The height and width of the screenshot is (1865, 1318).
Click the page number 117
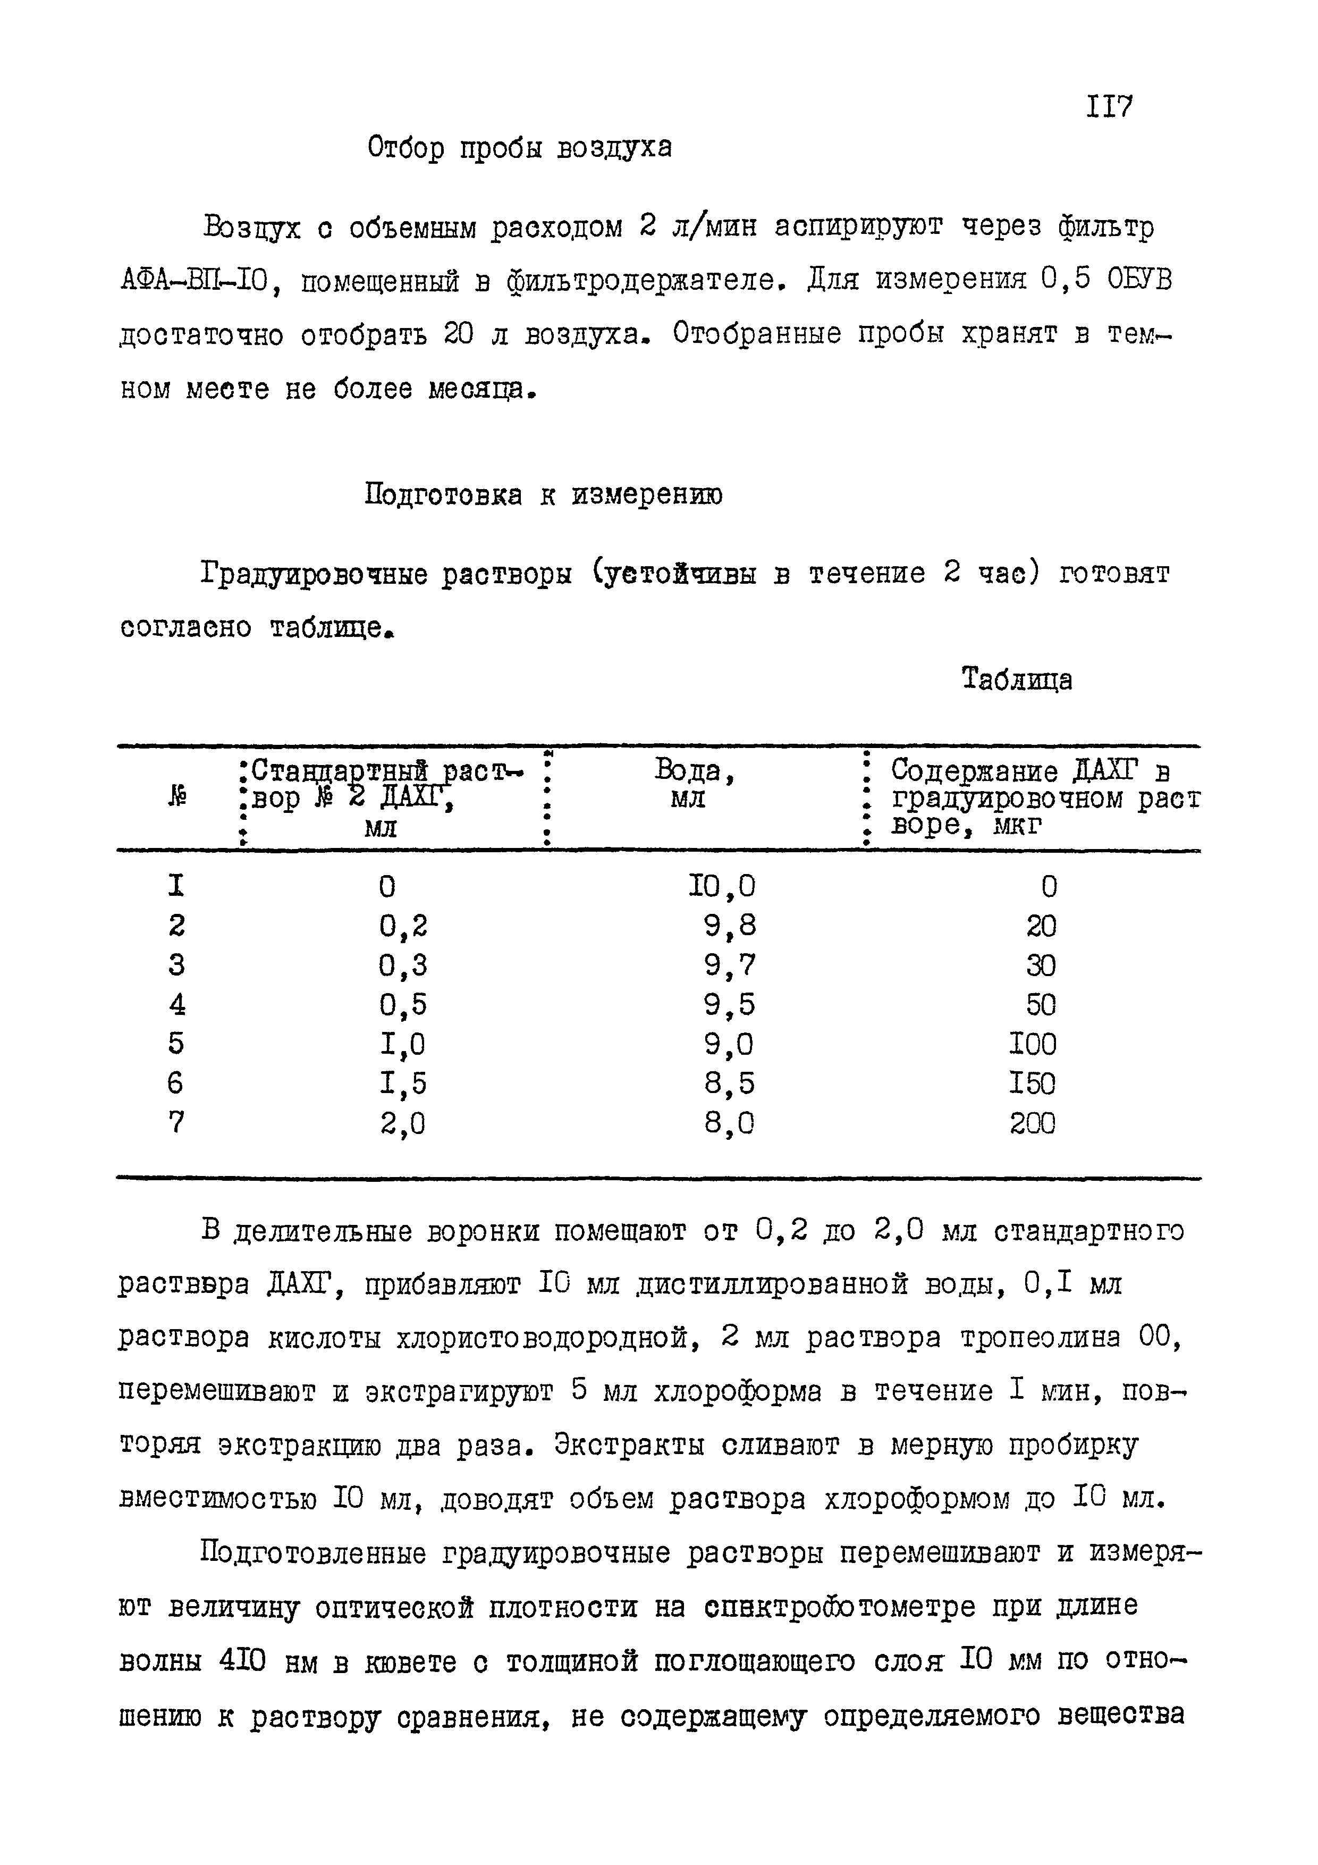coord(1109,106)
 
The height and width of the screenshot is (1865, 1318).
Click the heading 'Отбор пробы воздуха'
coord(520,148)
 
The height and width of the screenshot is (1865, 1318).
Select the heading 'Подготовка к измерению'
coord(543,494)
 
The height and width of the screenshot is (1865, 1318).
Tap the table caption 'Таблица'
coord(1017,679)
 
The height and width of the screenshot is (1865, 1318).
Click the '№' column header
coord(177,799)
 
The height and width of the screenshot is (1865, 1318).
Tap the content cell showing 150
coord(1032,1083)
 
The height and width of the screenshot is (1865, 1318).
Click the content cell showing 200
coord(1032,1123)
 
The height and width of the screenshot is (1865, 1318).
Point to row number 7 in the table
coord(176,1123)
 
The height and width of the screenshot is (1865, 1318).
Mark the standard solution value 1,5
coord(403,1083)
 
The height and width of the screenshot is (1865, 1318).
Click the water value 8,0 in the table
coord(729,1123)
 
